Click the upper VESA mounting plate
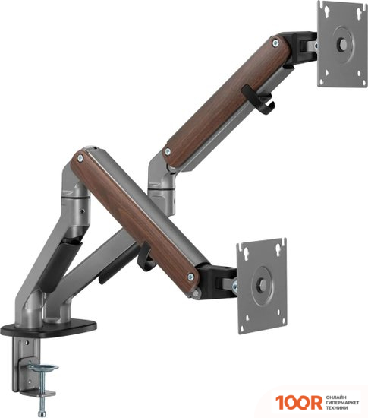point(342,44)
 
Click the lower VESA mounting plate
point(262,286)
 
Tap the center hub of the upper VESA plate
point(343,43)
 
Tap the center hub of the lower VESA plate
point(263,285)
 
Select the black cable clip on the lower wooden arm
point(144,258)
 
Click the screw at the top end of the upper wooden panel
point(275,43)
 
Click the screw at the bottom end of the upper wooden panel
point(168,152)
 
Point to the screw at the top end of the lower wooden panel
point(80,158)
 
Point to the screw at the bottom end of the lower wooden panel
point(190,277)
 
